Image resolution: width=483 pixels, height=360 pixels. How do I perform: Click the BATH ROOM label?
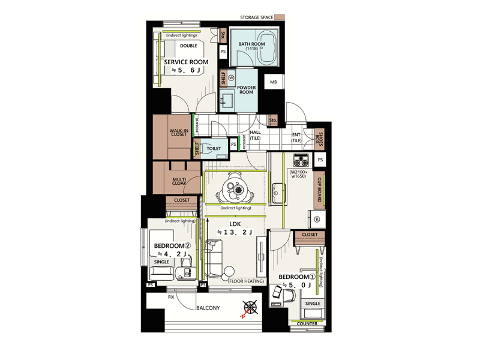coord(251,44)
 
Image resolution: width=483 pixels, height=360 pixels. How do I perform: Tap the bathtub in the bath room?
coord(267,48)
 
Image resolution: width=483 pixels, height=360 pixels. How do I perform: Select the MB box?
coord(274,82)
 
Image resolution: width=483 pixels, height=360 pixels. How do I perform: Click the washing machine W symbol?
coord(231,77)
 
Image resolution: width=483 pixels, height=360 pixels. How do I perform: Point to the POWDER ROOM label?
coord(247,90)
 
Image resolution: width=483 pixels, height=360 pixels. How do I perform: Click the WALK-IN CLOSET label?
coord(179,133)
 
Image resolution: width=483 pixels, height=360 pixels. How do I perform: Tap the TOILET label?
coord(214,148)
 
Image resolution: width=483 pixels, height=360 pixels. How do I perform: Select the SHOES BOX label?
coord(319,140)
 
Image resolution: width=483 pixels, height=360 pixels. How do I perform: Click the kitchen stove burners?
coord(301,161)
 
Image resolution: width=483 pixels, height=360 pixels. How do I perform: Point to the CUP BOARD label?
coord(319,190)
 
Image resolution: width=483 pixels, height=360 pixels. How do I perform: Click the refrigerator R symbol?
coord(317,219)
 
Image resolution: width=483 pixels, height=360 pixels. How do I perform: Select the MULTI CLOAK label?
coord(179,181)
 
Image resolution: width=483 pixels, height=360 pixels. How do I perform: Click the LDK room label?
coord(235,224)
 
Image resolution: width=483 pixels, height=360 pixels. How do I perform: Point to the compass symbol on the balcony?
coord(250,308)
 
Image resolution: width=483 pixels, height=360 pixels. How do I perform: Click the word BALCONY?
coord(208,308)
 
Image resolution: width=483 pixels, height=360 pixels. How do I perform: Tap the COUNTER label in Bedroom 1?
coord(307,323)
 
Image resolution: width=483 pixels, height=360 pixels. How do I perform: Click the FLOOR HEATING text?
coord(246,281)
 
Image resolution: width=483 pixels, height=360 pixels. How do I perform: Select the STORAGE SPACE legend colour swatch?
coord(280,17)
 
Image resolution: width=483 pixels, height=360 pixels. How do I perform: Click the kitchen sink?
coord(278,193)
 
